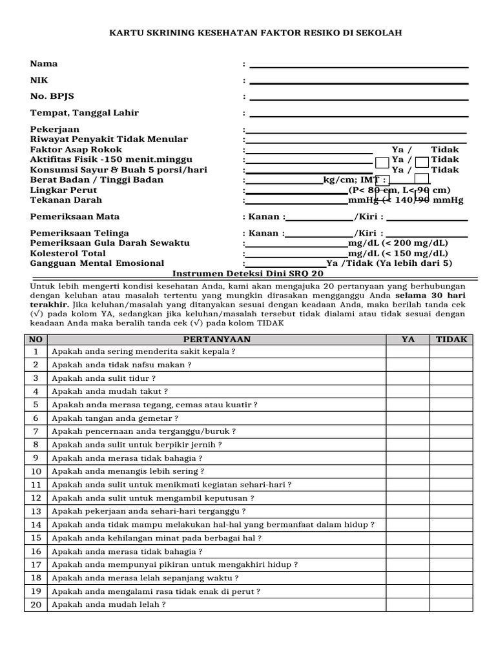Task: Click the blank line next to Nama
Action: pyautogui.click(x=358, y=65)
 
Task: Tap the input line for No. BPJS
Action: pyautogui.click(x=358, y=97)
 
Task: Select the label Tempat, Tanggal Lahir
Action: pyautogui.click(x=85, y=113)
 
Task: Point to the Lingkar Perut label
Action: pyautogui.click(x=64, y=190)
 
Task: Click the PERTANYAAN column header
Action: pyautogui.click(x=216, y=339)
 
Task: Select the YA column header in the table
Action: pyautogui.click(x=408, y=339)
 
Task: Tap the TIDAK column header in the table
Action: pyautogui.click(x=451, y=339)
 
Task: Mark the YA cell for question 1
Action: pyautogui.click(x=408, y=351)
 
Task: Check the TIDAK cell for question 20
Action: pyautogui.click(x=451, y=605)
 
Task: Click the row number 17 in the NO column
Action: pyautogui.click(x=36, y=565)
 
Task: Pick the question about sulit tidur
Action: pyautogui.click(x=103, y=378)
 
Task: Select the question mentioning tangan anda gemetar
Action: pyautogui.click(x=115, y=418)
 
